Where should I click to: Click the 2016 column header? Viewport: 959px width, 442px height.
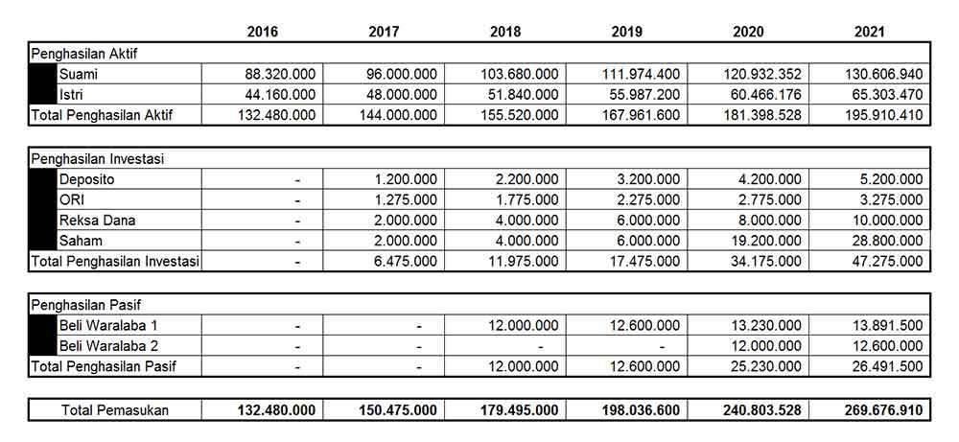(x=262, y=32)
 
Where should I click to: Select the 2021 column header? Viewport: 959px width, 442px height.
(x=870, y=32)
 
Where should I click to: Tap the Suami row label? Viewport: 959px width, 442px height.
(x=78, y=74)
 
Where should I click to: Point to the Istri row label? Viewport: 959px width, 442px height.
(x=71, y=94)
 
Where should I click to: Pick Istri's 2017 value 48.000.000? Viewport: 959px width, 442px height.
(x=402, y=94)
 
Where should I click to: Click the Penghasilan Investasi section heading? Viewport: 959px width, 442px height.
(x=99, y=159)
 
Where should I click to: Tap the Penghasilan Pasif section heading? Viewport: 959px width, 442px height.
(x=86, y=306)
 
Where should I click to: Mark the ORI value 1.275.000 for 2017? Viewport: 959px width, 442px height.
(x=404, y=199)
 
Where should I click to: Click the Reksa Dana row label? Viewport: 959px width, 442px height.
(x=97, y=220)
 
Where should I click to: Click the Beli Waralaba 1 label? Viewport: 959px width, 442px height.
(x=108, y=326)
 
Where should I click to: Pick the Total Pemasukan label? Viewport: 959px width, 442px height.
(x=115, y=410)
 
